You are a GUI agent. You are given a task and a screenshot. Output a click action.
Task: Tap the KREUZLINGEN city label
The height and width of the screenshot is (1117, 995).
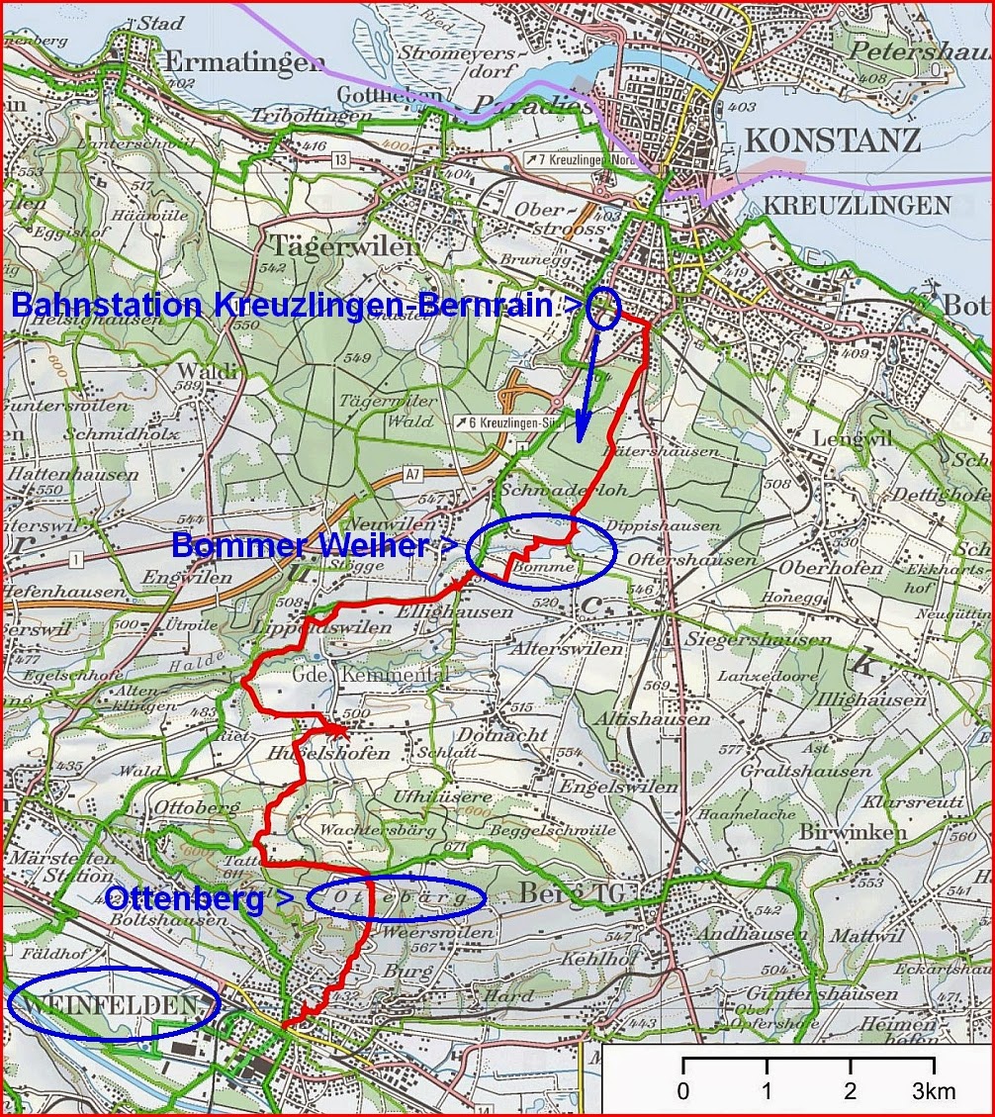[x=857, y=205]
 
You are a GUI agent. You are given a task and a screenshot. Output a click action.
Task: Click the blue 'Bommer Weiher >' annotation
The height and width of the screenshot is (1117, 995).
[x=316, y=545]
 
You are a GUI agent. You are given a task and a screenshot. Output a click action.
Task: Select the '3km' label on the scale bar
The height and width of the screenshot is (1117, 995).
[x=933, y=1091]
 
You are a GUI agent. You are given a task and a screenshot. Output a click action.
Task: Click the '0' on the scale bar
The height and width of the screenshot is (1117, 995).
[x=683, y=1091]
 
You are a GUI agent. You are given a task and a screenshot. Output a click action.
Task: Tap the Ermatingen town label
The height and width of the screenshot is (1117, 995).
[x=242, y=61]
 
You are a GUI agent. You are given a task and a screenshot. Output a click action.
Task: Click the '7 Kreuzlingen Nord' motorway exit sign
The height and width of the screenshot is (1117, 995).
[x=584, y=158]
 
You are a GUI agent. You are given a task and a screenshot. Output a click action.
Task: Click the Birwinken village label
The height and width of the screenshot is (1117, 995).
[x=852, y=832]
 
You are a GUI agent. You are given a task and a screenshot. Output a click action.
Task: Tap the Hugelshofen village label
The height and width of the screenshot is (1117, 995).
[x=314, y=753]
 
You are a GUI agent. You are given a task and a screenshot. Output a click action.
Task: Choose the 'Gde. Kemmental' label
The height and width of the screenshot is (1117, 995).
[x=370, y=674]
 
